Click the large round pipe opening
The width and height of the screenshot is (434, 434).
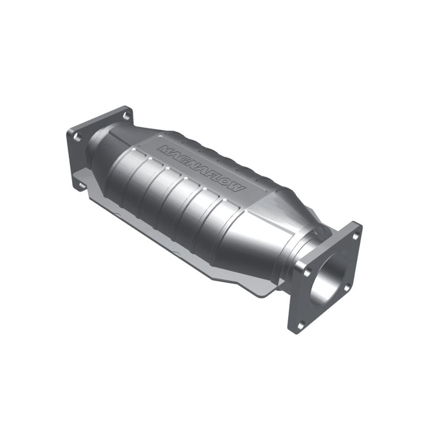[331, 277]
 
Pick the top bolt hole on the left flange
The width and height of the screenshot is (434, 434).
[126, 116]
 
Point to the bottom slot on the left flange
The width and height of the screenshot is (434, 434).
[81, 186]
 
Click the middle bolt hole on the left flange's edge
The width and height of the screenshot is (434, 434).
[78, 137]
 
